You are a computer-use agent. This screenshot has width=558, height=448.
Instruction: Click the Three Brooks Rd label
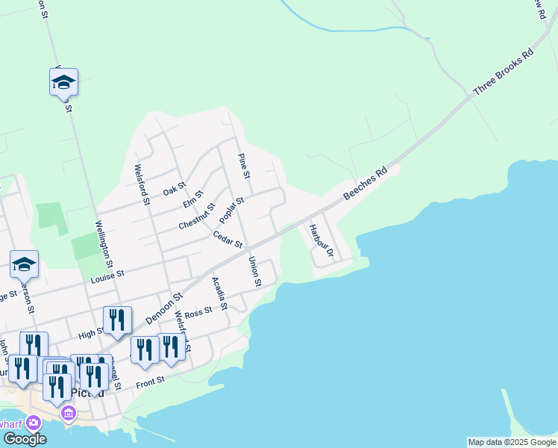click(x=505, y=75)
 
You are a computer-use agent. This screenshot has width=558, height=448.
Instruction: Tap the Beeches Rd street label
click(x=366, y=183)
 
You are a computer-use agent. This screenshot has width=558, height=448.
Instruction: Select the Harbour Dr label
click(x=321, y=240)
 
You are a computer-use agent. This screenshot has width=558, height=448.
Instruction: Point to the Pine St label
click(x=243, y=165)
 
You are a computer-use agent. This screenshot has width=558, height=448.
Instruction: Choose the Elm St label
click(x=192, y=200)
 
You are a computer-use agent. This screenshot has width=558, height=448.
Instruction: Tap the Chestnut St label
click(x=197, y=217)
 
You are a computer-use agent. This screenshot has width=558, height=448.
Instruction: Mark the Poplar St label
click(x=232, y=211)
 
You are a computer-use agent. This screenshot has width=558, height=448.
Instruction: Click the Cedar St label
click(x=228, y=239)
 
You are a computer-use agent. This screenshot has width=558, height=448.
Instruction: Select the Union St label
click(x=254, y=272)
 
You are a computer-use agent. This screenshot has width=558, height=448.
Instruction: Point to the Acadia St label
click(x=219, y=293)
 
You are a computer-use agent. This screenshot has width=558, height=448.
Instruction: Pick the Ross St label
click(x=198, y=314)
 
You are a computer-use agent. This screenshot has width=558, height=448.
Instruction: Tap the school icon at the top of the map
click(x=64, y=83)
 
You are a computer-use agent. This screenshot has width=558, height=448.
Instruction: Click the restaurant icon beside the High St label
click(x=117, y=320)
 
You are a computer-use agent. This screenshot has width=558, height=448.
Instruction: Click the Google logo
click(x=24, y=438)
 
